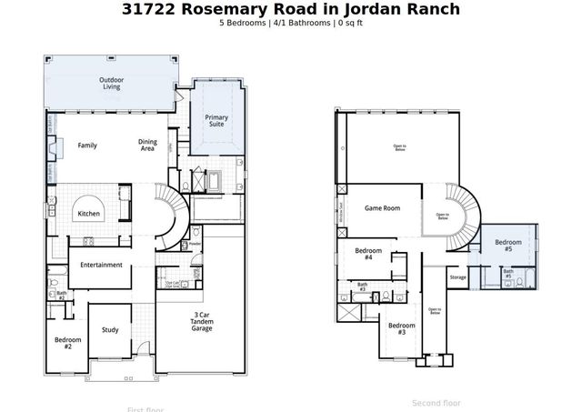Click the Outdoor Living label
pyautogui.click(x=112, y=84)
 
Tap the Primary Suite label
pyautogui.click(x=216, y=121)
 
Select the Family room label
pyautogui.click(x=87, y=146)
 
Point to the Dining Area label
pyautogui.click(x=147, y=145)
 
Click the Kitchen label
pyautogui.click(x=88, y=214)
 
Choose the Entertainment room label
pyautogui.click(x=100, y=265)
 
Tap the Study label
pyautogui.click(x=110, y=330)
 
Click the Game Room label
pyautogui.click(x=382, y=207)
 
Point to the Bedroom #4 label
pyautogui.click(x=367, y=254)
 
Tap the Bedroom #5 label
pyautogui.click(x=508, y=246)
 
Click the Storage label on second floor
pyautogui.click(x=457, y=277)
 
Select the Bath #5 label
pyautogui.click(x=508, y=274)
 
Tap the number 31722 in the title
pyautogui.click(x=149, y=9)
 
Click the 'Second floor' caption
pyautogui.click(x=436, y=402)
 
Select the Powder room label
pyautogui.click(x=195, y=244)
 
